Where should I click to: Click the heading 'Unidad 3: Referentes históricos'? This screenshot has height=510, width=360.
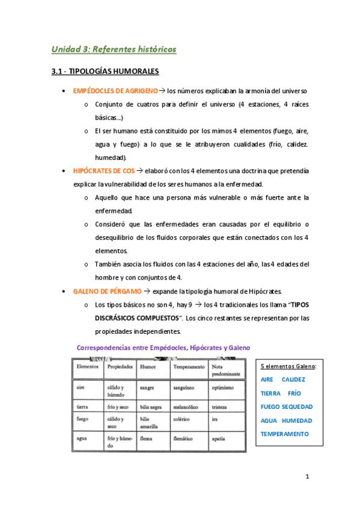(x=114, y=49)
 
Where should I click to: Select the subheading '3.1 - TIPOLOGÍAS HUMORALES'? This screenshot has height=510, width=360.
(x=105, y=72)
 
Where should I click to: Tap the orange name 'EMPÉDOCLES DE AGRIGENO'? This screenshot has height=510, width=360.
(x=115, y=91)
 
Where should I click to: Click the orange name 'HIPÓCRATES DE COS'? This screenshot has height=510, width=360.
(x=100, y=171)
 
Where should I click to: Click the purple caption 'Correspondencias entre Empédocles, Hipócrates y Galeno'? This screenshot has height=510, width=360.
(x=163, y=348)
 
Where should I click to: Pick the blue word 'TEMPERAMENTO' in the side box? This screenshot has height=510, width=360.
(x=285, y=434)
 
